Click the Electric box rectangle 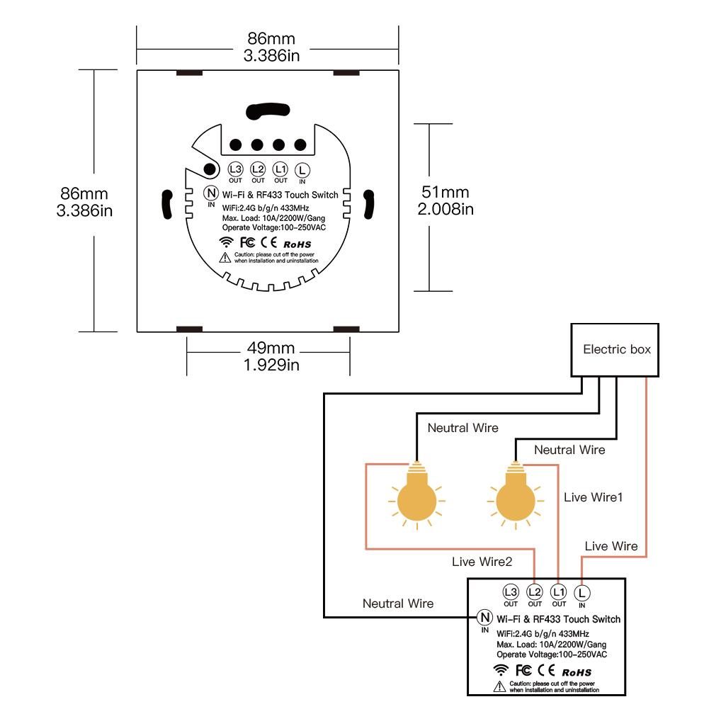coord(616,350)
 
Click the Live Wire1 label coord(594,497)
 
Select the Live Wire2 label coord(482,562)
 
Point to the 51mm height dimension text coord(446,192)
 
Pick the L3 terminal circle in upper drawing coord(236,169)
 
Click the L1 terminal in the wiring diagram coord(559,591)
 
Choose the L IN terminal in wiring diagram coord(582,591)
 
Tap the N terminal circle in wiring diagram coord(485,617)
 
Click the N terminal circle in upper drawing coord(211,192)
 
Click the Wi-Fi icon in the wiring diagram coord(501,669)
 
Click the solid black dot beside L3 coord(210,169)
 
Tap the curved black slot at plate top coord(267,110)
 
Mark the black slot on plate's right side coord(368,204)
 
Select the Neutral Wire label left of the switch coord(398,603)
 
